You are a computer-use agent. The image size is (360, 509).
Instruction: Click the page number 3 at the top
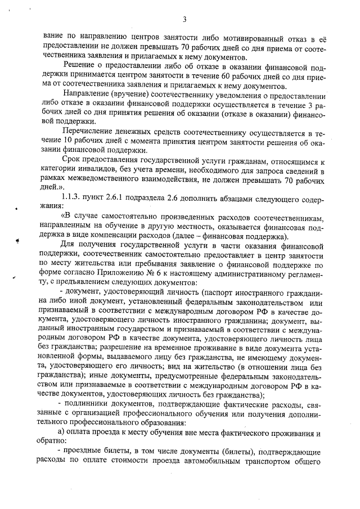point(184,20)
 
